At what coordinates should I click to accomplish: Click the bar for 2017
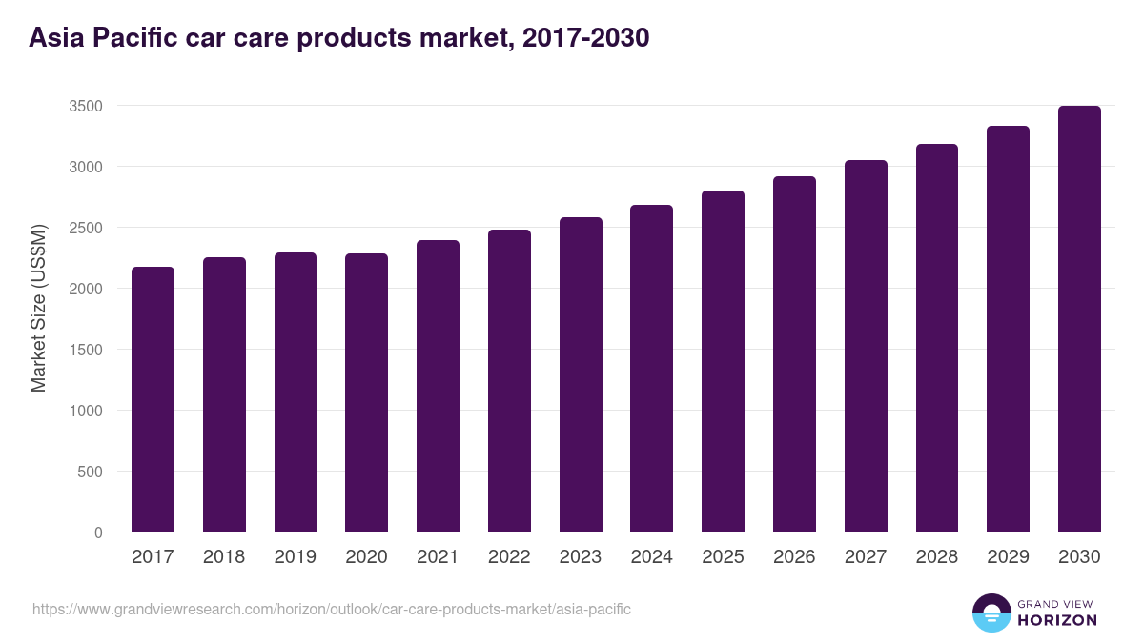tap(153, 400)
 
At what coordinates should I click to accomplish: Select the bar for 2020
tap(366, 392)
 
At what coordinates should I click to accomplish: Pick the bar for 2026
tap(794, 354)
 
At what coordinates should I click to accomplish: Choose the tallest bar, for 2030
tap(1079, 319)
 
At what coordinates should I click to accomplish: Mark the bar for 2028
tap(936, 338)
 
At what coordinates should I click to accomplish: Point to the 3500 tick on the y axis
tap(85, 106)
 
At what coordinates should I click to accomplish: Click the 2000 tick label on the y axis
tap(85, 289)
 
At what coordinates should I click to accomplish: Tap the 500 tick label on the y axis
tap(89, 472)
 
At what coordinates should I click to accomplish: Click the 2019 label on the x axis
tap(295, 557)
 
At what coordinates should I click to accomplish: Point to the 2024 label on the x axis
tap(651, 557)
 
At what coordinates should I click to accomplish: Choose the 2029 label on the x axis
tap(1008, 557)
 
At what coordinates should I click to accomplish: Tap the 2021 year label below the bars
tap(438, 557)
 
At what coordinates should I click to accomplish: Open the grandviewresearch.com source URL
tap(331, 609)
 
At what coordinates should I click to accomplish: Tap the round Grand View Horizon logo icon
tap(991, 613)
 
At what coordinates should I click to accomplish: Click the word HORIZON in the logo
tap(1057, 620)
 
